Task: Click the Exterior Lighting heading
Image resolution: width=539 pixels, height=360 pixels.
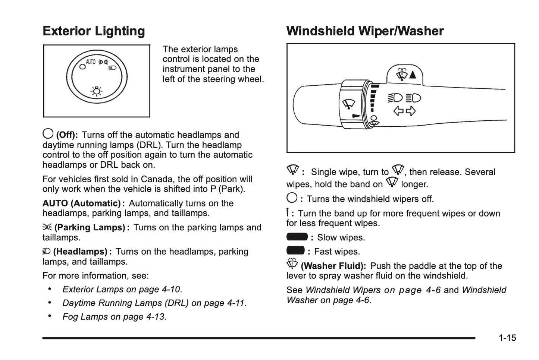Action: [x=94, y=31]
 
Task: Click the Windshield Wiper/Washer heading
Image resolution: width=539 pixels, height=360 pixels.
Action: [x=365, y=31]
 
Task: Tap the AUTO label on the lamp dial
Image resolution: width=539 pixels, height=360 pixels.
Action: [x=91, y=62]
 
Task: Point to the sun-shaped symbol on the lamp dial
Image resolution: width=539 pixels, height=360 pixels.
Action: [x=97, y=91]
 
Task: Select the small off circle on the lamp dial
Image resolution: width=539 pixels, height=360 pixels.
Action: [x=82, y=67]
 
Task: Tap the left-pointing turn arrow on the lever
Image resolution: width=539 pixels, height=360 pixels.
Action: [x=398, y=111]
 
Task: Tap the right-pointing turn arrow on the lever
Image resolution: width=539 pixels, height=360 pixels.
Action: [x=411, y=111]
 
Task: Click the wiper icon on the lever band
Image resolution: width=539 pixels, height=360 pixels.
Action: [x=348, y=104]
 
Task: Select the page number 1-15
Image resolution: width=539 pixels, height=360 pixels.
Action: [x=507, y=338]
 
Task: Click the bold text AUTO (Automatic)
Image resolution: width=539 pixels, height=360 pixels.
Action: [x=81, y=203]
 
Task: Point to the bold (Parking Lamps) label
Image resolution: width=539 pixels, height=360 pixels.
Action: [x=90, y=228]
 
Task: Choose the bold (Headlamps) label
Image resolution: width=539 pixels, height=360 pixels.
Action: [x=80, y=252]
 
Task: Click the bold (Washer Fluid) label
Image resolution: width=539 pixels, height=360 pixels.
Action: [x=333, y=266]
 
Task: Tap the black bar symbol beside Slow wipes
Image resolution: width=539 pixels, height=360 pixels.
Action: [x=297, y=237]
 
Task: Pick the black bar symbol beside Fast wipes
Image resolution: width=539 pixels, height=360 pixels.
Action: [x=295, y=250]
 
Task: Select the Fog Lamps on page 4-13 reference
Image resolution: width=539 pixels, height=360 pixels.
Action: [x=113, y=317]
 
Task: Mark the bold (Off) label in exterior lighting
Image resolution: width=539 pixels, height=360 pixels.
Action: [x=67, y=135]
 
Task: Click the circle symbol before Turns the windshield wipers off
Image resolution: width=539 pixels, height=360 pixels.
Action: [x=292, y=198]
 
